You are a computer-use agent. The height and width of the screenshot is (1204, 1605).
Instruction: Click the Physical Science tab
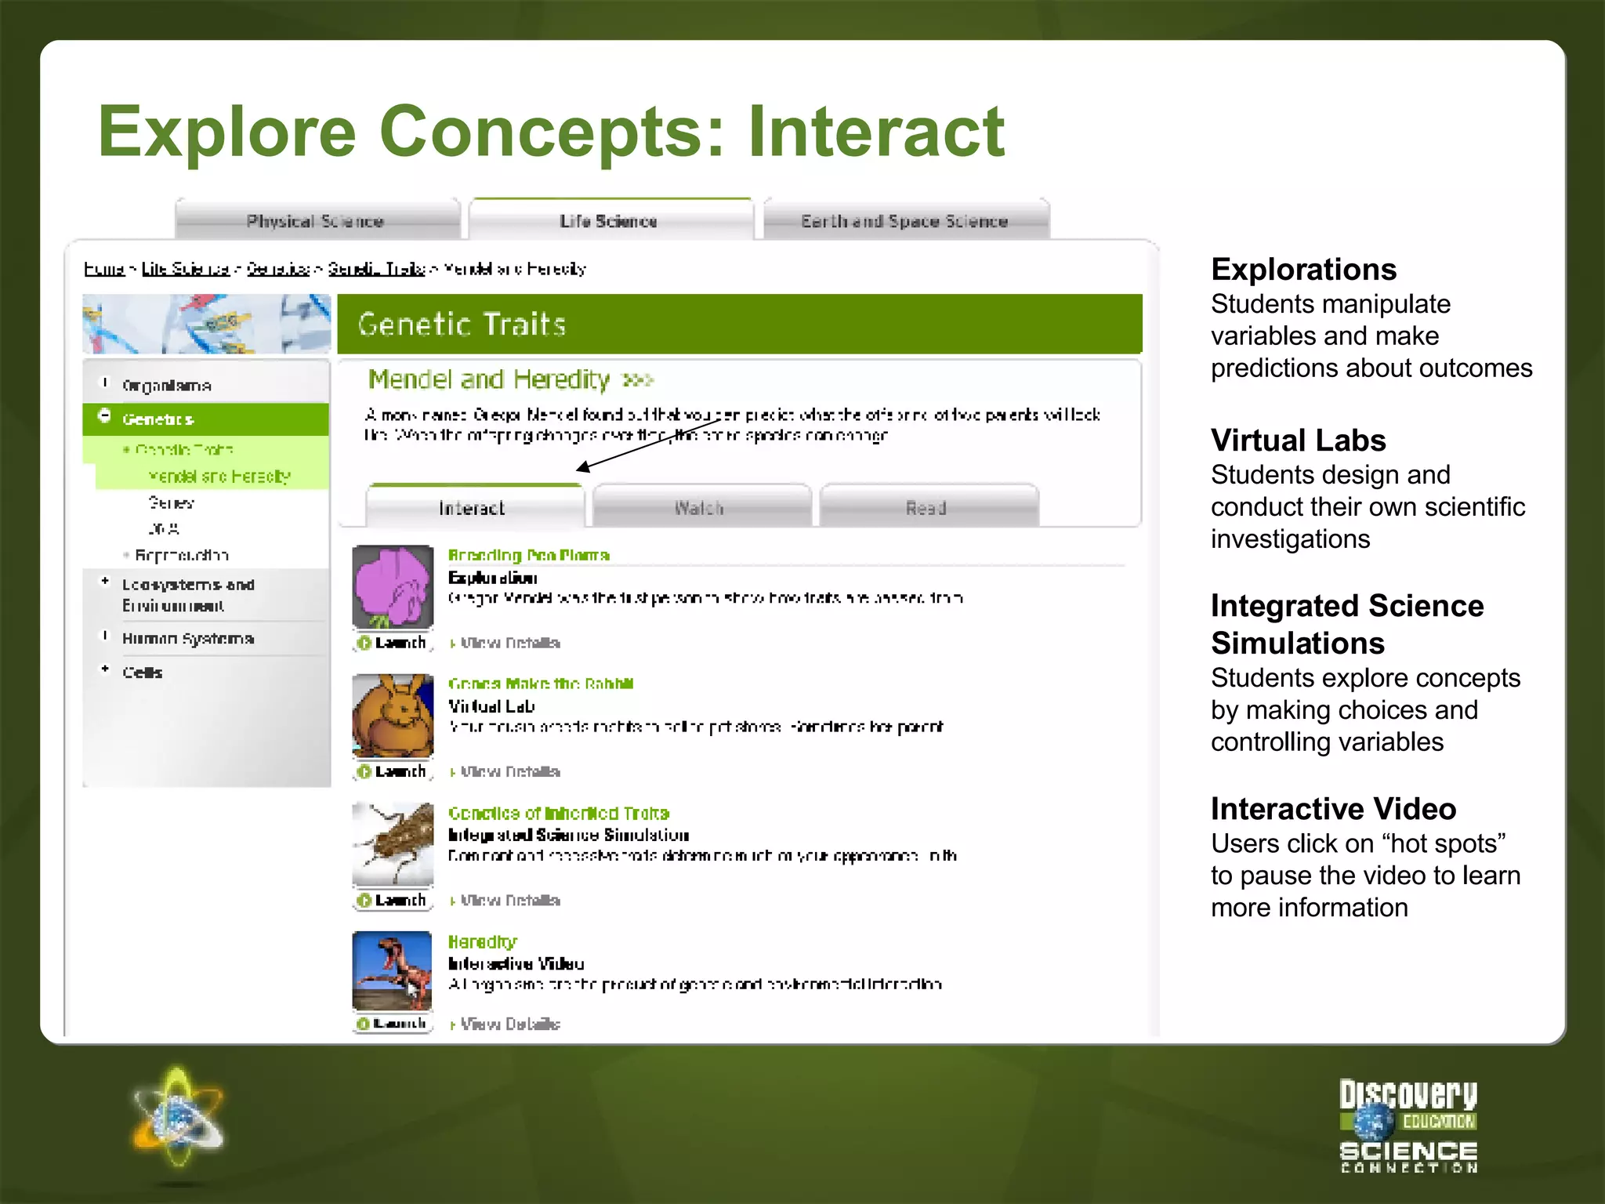click(316, 221)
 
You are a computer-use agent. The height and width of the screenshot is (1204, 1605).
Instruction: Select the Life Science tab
click(609, 221)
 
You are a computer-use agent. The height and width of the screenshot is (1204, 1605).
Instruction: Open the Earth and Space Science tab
click(904, 221)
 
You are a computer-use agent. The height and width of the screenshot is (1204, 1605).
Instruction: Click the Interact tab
click(473, 508)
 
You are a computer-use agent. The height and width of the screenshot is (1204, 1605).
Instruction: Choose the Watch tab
click(700, 508)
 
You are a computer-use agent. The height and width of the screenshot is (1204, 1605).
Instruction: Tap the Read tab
click(927, 508)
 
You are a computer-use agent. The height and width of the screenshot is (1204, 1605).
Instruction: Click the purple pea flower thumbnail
click(393, 586)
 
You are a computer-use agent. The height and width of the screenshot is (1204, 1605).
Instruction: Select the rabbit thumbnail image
click(393, 715)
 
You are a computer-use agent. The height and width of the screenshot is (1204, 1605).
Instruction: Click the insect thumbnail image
click(393, 843)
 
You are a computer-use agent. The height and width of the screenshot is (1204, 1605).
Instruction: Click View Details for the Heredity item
click(510, 1024)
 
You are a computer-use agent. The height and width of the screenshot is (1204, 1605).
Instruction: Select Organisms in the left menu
click(166, 386)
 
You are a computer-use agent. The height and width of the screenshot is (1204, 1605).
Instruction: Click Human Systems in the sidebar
click(188, 639)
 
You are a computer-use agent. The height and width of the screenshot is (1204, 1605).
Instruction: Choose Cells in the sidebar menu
click(143, 673)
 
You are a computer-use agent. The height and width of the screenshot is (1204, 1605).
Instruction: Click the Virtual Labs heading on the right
click(1298, 441)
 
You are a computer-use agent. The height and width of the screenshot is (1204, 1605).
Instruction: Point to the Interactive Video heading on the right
click(1333, 809)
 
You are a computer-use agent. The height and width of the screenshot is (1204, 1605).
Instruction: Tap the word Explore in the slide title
click(227, 132)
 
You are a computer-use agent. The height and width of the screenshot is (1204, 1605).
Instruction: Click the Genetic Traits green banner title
click(462, 325)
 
